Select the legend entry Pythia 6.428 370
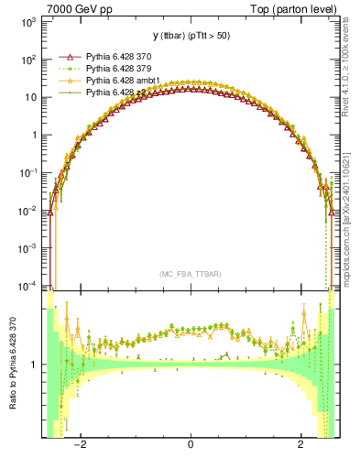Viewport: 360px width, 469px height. click(120, 57)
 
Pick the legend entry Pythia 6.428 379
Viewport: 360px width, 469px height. click(120, 69)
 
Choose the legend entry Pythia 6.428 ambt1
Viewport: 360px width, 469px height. click(124, 81)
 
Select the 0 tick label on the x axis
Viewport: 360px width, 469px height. click(191, 445)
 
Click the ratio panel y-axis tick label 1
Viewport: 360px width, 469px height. click(34, 365)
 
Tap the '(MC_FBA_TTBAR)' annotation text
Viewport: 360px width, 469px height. click(191, 275)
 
